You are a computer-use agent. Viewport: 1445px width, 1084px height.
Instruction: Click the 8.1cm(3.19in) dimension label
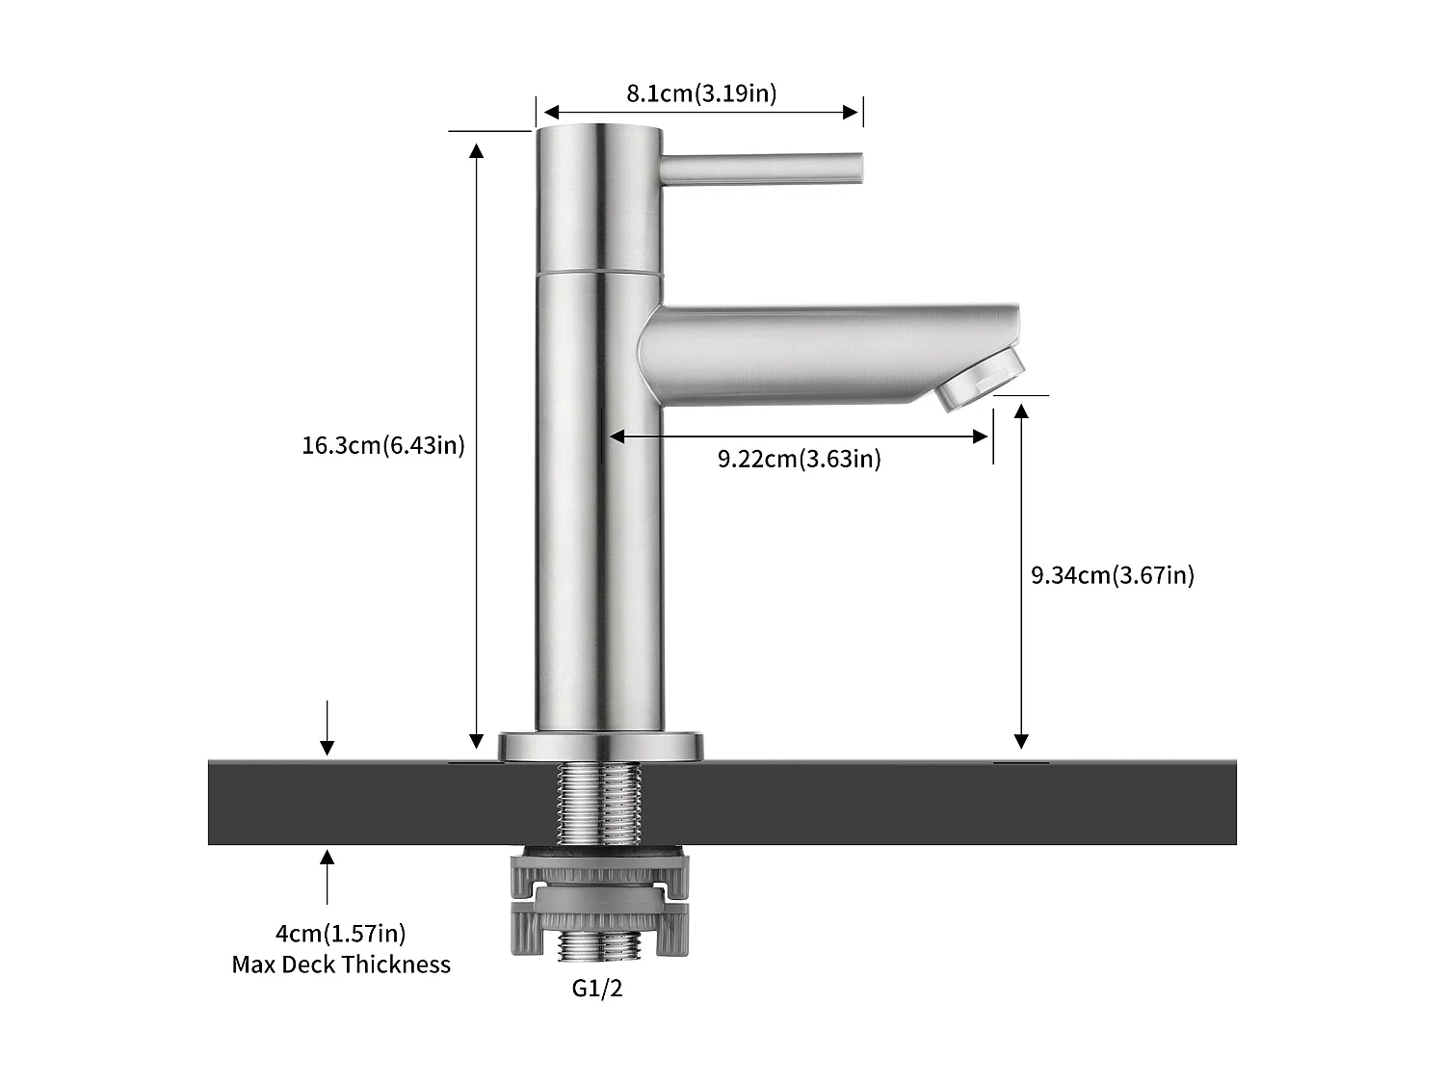[701, 93]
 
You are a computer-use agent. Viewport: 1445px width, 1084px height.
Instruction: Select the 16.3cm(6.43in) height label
[382, 445]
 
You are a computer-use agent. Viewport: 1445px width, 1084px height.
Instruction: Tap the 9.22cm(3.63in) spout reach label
[799, 459]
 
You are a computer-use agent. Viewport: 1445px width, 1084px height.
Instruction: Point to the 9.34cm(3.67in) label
[1112, 575]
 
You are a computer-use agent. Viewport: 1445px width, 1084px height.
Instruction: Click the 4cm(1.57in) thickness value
[340, 933]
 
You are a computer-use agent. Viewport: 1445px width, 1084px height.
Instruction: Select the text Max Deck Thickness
[340, 965]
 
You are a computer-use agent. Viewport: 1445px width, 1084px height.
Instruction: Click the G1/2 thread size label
[597, 989]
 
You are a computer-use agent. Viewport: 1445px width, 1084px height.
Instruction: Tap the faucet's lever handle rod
[761, 169]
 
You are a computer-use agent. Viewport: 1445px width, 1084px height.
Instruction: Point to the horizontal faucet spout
[819, 352]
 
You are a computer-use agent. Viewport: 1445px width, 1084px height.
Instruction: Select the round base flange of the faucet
[599, 747]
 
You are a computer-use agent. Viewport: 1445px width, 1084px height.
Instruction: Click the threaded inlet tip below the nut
[599, 946]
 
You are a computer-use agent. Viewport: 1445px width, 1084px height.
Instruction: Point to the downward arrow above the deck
[328, 732]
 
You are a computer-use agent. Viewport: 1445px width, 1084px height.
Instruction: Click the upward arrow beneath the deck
[328, 872]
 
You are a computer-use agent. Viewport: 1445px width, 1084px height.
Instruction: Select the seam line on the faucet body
[599, 273]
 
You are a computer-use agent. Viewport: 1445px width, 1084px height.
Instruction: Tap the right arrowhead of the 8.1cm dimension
[852, 112]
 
